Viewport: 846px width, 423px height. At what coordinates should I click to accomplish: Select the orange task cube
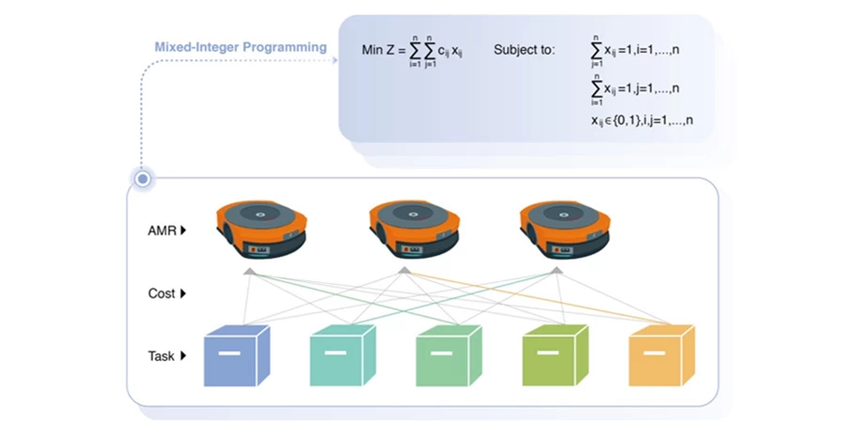pos(661,356)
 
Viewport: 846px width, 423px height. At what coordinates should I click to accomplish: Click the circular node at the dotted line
pos(143,178)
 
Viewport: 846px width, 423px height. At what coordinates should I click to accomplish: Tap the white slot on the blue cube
pos(229,353)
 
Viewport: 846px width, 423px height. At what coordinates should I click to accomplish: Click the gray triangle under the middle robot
pos(404,271)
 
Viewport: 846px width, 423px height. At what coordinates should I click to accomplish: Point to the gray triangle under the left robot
pos(250,271)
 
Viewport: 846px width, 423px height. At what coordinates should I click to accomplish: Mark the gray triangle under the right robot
pos(556,271)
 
